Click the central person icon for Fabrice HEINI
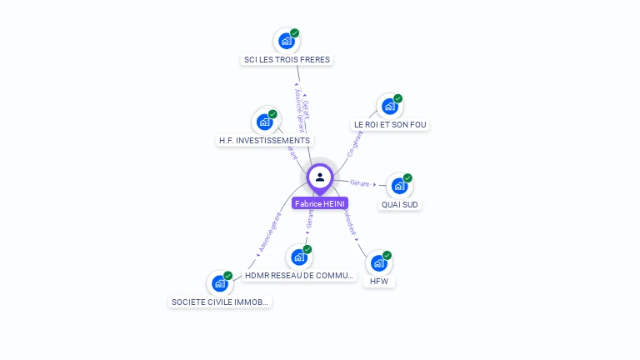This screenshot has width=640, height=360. tap(320, 177)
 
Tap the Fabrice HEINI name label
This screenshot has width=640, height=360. tap(320, 203)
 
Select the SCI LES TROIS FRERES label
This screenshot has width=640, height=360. tap(287, 60)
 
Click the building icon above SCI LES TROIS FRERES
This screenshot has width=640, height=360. tap(286, 41)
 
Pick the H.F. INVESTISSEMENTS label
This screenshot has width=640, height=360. tap(264, 141)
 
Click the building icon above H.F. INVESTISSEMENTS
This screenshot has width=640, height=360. tap(265, 122)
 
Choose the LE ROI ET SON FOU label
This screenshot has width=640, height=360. tap(390, 125)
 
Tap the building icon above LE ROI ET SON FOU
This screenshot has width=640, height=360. tap(389, 107)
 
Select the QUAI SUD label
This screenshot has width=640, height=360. tap(400, 204)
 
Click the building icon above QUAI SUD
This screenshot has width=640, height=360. tap(399, 186)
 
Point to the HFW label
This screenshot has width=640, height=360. tap(379, 282)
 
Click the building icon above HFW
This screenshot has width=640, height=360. tap(378, 263)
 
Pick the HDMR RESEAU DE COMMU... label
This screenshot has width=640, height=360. tap(300, 276)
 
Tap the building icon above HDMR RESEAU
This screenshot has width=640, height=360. tap(298, 257)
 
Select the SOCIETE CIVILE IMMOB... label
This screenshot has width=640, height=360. tap(221, 302)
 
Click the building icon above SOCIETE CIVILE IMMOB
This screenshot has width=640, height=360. tap(220, 283)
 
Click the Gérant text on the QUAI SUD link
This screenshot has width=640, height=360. tap(360, 182)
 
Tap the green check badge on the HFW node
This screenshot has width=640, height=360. tap(387, 255)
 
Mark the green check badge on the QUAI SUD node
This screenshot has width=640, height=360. tap(407, 177)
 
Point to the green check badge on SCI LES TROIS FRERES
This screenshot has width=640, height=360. tap(294, 32)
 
